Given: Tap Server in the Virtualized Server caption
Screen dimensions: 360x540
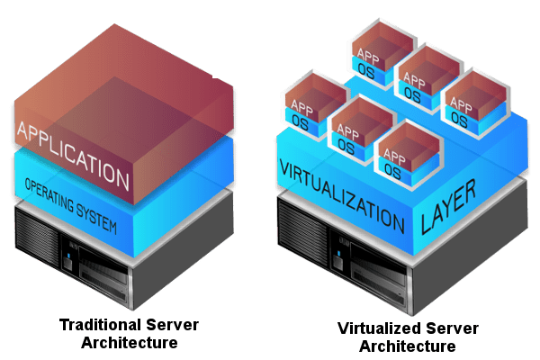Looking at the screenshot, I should (x=436, y=329).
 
